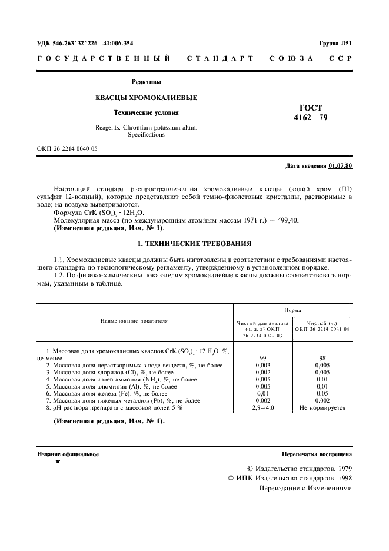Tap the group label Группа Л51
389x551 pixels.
335,43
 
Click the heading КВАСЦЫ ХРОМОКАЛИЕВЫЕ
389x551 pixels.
147,97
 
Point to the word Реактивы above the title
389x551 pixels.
146,82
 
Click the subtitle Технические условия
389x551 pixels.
146,112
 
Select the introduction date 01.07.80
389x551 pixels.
340,166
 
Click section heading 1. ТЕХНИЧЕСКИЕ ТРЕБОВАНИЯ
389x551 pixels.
194,243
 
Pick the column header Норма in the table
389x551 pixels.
293,309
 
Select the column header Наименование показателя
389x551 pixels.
135,321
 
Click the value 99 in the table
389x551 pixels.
263,357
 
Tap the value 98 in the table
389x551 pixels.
322,357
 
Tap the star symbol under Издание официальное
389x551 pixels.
57,463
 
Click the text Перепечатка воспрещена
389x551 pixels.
317,454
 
